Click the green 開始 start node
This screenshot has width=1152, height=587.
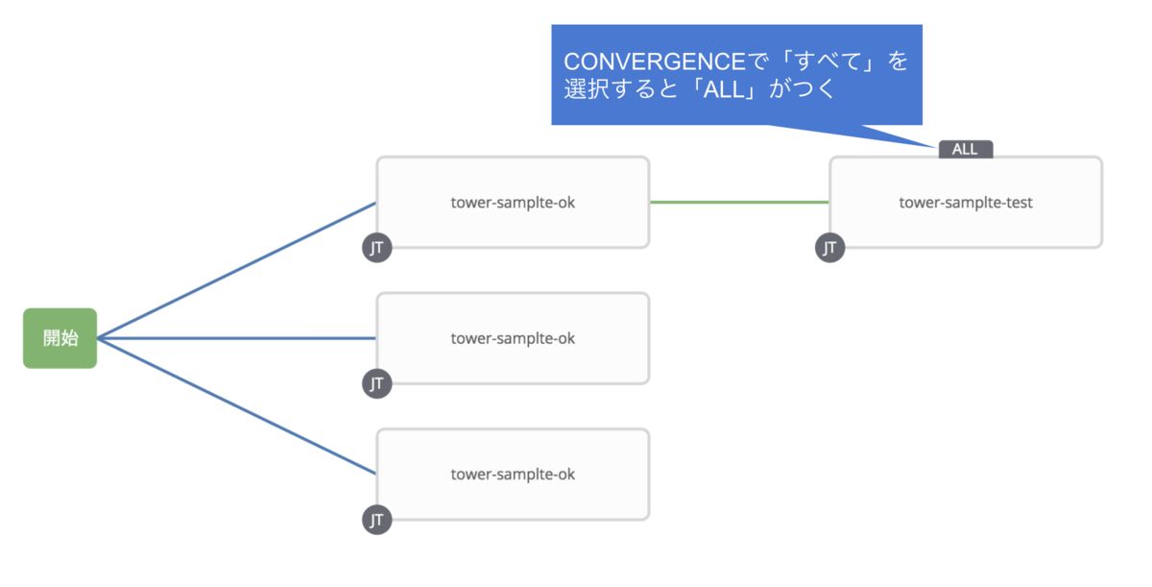tap(60, 338)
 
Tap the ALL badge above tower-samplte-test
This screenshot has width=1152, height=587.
tap(966, 149)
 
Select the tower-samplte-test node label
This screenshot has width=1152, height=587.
tap(966, 203)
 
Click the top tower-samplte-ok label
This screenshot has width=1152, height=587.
tap(513, 203)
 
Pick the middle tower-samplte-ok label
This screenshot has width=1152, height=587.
tap(513, 338)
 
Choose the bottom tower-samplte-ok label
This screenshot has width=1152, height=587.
tap(513, 475)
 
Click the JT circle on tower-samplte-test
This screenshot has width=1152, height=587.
tap(829, 248)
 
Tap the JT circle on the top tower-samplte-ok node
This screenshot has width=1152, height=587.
tap(377, 248)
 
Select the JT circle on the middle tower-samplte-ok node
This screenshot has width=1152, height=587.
tap(377, 383)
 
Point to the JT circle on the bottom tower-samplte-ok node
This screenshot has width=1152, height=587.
tap(377, 520)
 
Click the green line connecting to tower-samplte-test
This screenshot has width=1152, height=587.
tap(739, 202)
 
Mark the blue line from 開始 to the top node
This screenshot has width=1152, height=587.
tap(236, 271)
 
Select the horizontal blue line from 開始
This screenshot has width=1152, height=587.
tap(236, 338)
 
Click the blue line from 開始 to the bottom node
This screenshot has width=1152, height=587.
tap(236, 406)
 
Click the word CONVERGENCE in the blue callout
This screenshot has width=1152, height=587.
tap(655, 61)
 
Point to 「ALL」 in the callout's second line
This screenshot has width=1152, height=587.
tap(724, 89)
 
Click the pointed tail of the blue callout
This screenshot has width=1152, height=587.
tap(936, 147)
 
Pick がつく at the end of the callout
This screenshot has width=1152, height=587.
tap(802, 89)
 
